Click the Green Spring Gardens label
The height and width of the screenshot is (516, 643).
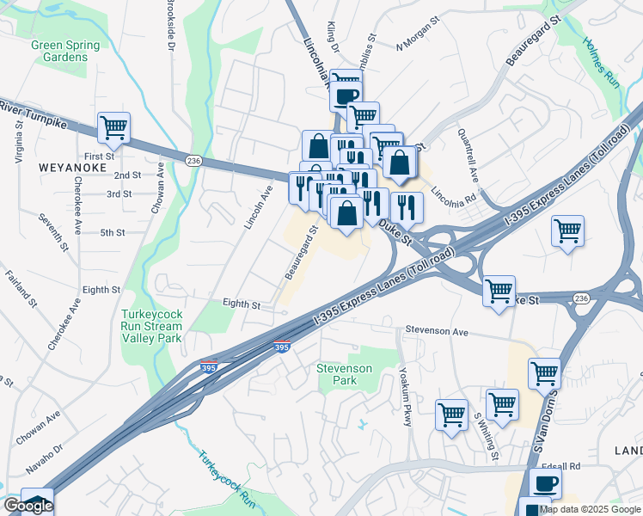point(65,51)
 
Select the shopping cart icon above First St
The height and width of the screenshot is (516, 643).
point(113,129)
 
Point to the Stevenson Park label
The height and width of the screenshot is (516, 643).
point(344,374)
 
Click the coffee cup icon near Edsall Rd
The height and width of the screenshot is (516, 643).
point(545,483)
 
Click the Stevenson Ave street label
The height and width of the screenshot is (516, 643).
point(437,331)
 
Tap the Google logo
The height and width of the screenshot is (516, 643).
point(28,506)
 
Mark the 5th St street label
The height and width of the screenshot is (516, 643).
point(113,233)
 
